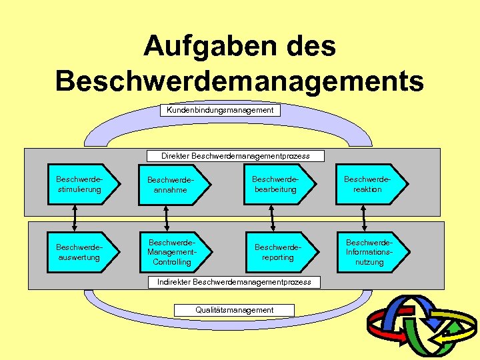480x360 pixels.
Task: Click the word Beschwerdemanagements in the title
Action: click(239, 81)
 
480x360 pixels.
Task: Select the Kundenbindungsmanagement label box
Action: click(220, 110)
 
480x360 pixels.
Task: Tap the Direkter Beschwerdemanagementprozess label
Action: click(235, 156)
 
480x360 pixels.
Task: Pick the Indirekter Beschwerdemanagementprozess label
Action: click(234, 282)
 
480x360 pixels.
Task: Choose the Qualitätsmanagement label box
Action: click(234, 310)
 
